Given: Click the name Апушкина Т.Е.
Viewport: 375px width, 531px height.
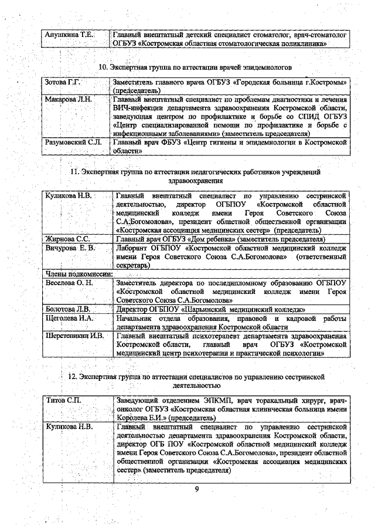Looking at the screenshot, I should (69, 35).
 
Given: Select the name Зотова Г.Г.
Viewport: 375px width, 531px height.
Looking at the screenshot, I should (63, 82).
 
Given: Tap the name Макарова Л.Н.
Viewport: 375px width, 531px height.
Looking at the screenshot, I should (69, 99).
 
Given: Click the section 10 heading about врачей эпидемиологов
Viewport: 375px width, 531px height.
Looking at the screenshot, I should (199, 67).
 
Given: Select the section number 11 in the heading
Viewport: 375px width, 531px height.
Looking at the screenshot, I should (74, 172).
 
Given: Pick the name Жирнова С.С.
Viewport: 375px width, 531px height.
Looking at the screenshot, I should (67, 239).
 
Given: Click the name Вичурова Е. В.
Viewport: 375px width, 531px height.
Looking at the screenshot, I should (70, 248).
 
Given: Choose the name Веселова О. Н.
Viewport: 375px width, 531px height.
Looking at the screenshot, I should (69, 283).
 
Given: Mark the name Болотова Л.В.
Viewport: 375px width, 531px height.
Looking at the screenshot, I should (67, 309).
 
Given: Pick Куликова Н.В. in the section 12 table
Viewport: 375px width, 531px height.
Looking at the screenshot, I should (69, 427).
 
